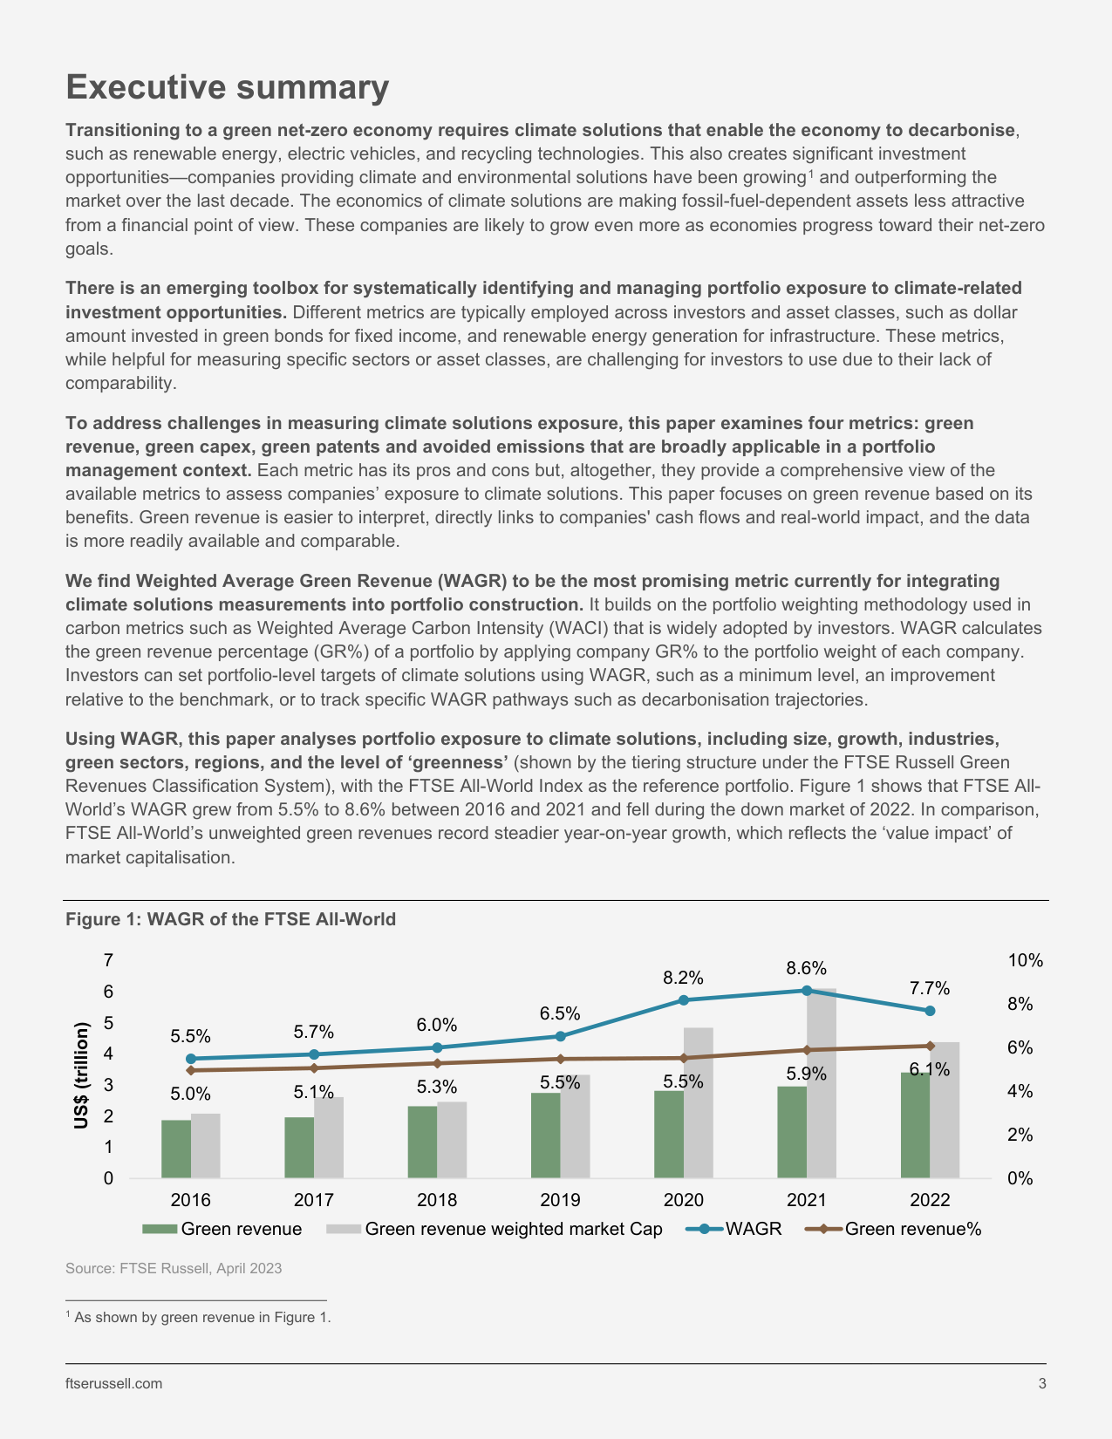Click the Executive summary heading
tap(227, 86)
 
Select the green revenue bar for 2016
tap(176, 1149)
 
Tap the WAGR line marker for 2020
tap(684, 1000)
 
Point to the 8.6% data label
tap(806, 968)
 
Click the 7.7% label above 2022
tap(929, 988)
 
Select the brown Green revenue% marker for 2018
tap(437, 1063)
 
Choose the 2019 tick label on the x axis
tap(560, 1200)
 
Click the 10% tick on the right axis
tap(1026, 960)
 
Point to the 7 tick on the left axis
tap(108, 960)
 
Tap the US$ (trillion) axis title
tap(81, 1075)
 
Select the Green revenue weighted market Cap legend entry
tap(494, 1229)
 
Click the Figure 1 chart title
tap(230, 919)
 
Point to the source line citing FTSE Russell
tap(174, 1268)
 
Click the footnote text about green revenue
tap(199, 1317)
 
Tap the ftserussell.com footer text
tap(114, 1383)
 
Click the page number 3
tap(1042, 1383)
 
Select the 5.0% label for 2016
tap(191, 1094)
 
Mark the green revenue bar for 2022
tap(915, 1126)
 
